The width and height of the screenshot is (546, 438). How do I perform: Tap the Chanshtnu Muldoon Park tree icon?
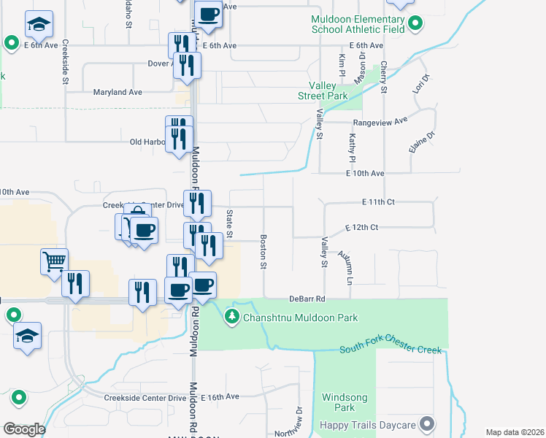coord(231,317)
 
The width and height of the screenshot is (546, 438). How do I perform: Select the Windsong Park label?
coord(339,403)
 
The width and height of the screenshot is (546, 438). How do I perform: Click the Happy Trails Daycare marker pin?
coord(427,424)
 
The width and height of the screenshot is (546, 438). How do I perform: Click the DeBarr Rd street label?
coord(306,299)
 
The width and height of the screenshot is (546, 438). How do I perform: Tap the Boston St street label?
coord(262,251)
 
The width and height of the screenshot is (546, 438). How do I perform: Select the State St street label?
coord(228,224)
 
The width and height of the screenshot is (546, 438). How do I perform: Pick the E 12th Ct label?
coord(361,228)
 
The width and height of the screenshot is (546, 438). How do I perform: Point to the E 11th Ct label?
coord(378,201)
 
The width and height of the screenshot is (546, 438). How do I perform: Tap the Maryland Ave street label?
coord(118,93)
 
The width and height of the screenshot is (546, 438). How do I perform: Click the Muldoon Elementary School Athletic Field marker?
coord(416,25)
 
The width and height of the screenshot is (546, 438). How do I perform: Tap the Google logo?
coord(24,429)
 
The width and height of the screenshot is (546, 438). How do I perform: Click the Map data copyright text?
coord(515,432)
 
